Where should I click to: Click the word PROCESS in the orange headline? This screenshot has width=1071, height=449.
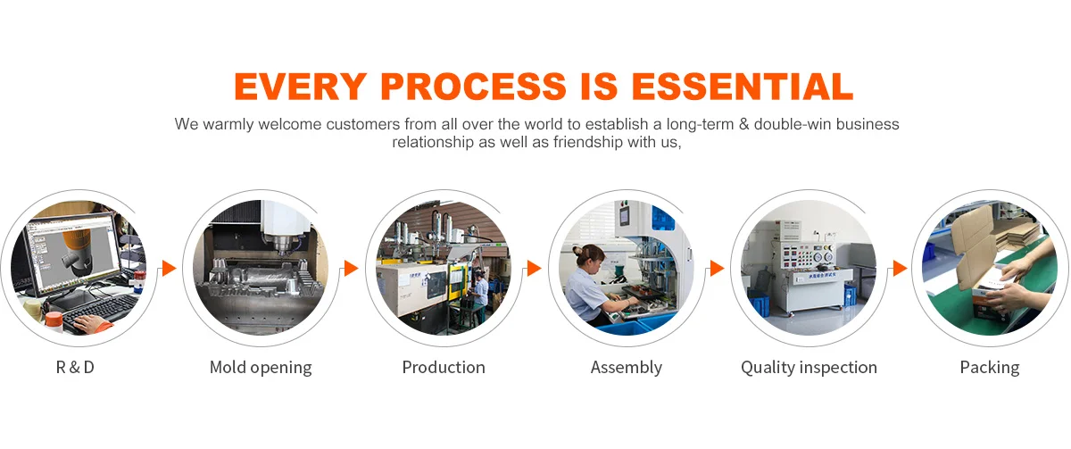pos(473,87)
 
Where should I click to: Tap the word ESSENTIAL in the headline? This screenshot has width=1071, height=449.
pos(742,87)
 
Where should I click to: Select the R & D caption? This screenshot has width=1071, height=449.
pos(75,367)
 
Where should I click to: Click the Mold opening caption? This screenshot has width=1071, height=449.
pos(261,368)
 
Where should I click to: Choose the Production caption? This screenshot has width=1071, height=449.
pos(444,367)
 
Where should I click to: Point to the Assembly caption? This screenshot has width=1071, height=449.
pos(627,368)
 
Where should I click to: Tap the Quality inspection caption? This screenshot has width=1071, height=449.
pos(809,368)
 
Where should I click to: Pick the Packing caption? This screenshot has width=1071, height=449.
pos(990,368)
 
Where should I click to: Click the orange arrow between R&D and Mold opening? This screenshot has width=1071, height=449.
pos(169,269)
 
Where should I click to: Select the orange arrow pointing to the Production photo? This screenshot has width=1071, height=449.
pos(351,269)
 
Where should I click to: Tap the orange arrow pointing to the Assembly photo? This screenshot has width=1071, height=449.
pos(534,269)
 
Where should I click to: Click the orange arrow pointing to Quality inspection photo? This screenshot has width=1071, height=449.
pos(718,269)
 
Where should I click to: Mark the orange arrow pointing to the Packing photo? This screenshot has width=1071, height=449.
pos(900,269)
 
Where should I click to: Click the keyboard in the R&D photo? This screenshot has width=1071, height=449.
pos(100,311)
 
